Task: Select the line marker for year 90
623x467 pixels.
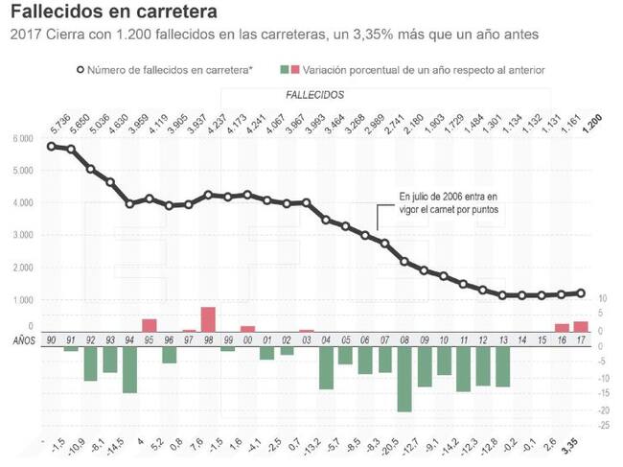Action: [50, 146]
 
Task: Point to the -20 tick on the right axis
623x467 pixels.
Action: [600, 410]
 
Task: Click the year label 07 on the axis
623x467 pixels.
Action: [384, 339]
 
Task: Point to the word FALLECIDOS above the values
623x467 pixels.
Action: [315, 96]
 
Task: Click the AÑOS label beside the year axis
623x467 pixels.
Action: [22, 339]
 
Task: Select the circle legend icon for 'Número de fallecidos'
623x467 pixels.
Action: [80, 70]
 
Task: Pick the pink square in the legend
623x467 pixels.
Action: [294, 70]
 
